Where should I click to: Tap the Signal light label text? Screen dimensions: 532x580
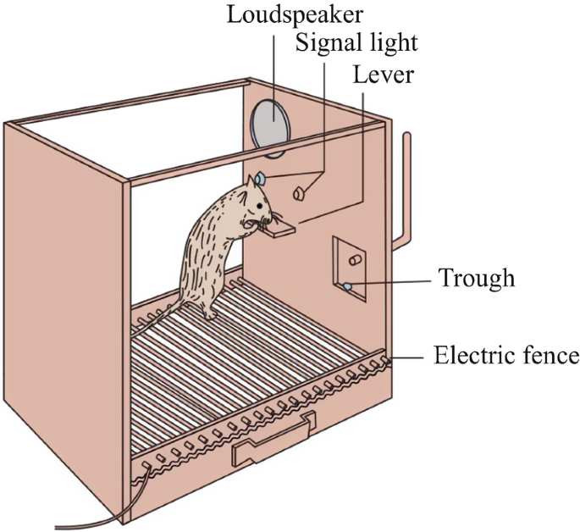[x=356, y=42]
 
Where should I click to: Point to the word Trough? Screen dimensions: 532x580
[x=476, y=278]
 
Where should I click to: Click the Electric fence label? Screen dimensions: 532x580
[x=505, y=355]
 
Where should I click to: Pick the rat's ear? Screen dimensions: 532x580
[x=253, y=184]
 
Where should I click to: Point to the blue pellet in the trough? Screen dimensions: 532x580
[x=348, y=288]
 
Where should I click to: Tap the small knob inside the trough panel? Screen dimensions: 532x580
[x=356, y=255]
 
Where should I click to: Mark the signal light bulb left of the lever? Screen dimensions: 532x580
[x=299, y=194]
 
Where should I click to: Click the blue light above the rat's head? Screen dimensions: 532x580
[x=261, y=179]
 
